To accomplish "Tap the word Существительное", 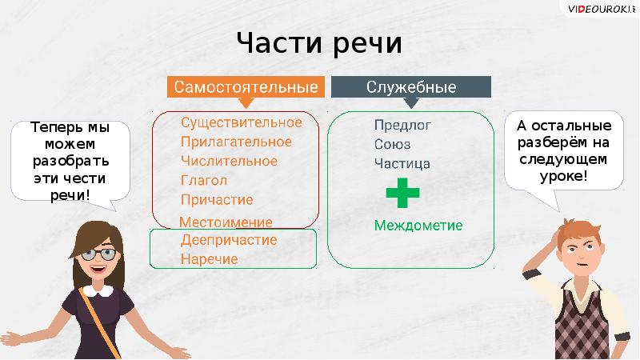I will [241, 122].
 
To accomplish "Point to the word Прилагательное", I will [236, 142].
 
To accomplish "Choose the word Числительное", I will [229, 161].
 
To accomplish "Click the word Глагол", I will [204, 180].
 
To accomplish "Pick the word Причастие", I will [217, 199].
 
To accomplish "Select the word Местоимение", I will [226, 222].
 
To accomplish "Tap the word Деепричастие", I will [229, 240].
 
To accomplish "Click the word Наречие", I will [209, 259].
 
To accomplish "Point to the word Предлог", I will [402, 125].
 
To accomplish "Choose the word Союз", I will [392, 144].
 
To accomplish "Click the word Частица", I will [402, 163].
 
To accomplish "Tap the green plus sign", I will [402, 194].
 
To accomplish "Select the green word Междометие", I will [418, 226].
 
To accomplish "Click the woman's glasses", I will [99, 253].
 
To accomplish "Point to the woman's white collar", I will [99, 294].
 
